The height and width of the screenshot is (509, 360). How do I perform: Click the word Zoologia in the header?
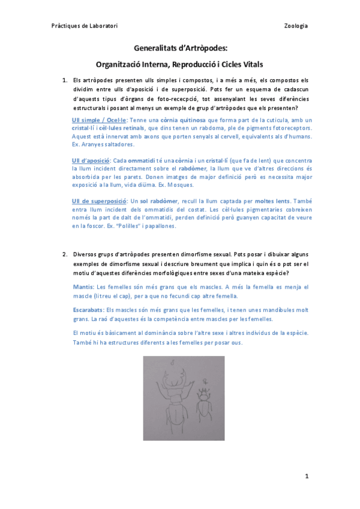pos(296,26)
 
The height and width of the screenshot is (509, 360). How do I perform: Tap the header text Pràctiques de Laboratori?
pos(84,26)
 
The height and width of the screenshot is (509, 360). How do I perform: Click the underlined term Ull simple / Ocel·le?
pos(100,120)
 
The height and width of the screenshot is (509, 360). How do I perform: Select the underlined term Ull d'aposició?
pos(91,161)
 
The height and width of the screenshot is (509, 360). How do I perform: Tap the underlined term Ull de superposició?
pos(99,200)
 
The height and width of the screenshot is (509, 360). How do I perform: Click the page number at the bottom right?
pos(306,477)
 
